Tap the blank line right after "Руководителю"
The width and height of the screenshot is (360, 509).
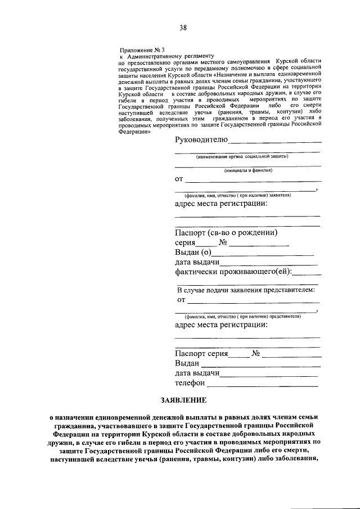click(275, 142)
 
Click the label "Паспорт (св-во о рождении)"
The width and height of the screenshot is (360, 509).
click(226, 233)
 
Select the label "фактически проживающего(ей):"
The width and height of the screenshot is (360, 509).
click(233, 272)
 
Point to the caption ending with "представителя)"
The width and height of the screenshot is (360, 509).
click(245, 316)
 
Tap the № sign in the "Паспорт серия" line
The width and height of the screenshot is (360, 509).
click(255, 354)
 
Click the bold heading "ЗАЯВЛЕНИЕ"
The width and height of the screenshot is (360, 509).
click(184, 400)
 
